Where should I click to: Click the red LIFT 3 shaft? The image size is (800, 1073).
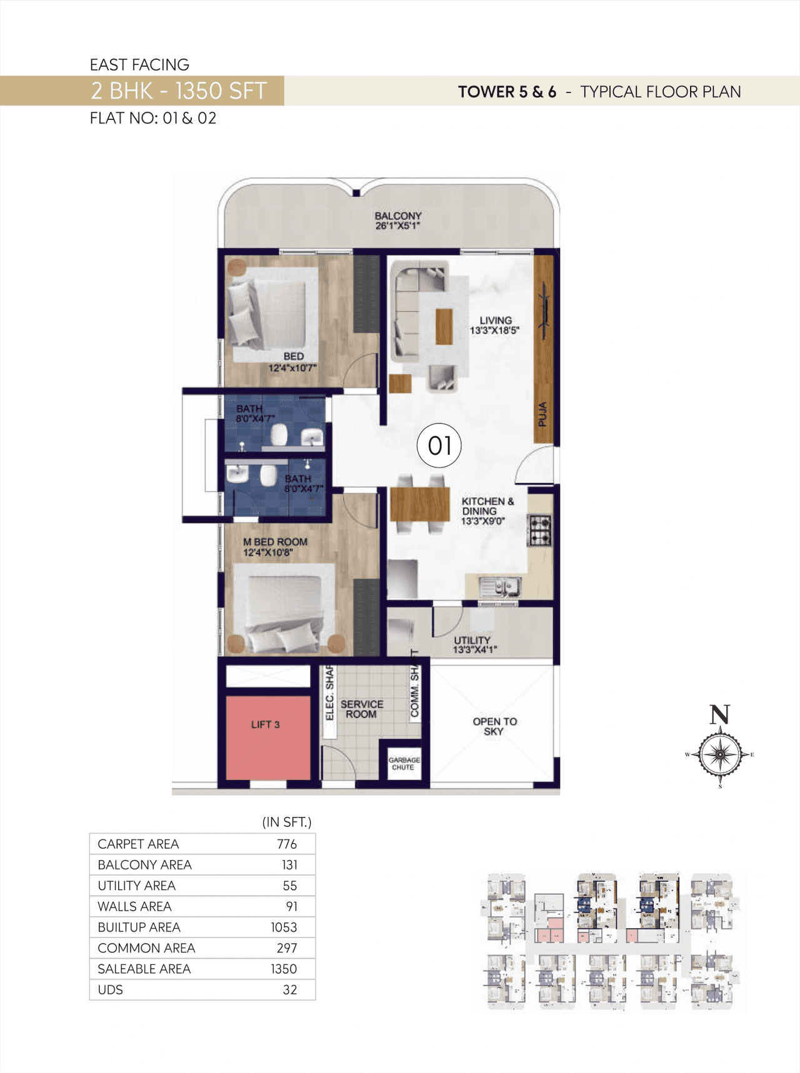click(x=267, y=737)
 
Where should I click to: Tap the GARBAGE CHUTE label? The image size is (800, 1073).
click(x=404, y=763)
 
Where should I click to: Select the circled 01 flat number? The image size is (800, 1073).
click(x=439, y=446)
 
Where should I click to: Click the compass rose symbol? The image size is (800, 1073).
click(x=720, y=754)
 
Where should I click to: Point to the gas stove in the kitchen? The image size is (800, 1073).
click(x=539, y=530)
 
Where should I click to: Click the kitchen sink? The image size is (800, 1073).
click(x=499, y=586)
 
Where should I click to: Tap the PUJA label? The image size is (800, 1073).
click(x=542, y=413)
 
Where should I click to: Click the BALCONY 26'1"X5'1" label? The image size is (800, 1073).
click(x=398, y=220)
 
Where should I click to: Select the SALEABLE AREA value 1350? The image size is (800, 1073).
click(x=283, y=969)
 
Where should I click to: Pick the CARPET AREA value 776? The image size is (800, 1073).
click(x=286, y=844)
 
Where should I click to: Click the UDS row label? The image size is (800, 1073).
click(x=111, y=989)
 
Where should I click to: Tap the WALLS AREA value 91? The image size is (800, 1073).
click(x=291, y=906)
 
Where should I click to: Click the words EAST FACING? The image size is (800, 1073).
click(x=139, y=65)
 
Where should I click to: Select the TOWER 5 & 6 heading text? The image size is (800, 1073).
click(x=507, y=92)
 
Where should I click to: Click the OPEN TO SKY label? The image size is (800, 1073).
click(x=494, y=726)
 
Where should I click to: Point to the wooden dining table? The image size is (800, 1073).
click(x=420, y=504)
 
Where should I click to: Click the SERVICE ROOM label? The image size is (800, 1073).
click(x=361, y=709)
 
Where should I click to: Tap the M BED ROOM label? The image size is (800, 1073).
click(x=275, y=546)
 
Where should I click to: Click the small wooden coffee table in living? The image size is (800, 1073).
click(x=444, y=326)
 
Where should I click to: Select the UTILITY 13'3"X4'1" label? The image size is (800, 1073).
click(x=473, y=645)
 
